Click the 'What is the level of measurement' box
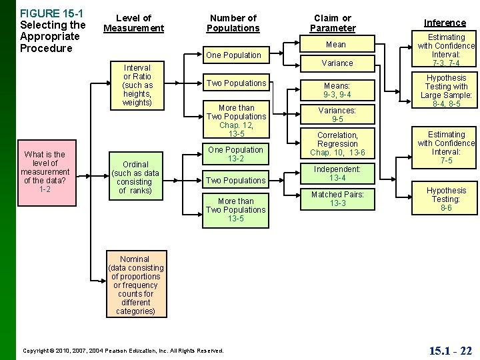pos(45,172)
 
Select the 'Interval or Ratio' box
pos(138,85)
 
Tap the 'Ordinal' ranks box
pos(135,177)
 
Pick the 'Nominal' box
pos(135,285)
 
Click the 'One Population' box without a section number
pos(233,55)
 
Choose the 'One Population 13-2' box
pos(236,154)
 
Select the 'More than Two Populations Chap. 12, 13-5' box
pos(236,121)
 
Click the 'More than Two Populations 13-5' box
pos(236,209)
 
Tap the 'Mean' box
pos(335,45)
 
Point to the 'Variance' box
pos(337,63)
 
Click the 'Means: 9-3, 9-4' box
pos(337,90)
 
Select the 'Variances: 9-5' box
pos(337,115)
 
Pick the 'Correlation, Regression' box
pos(337,144)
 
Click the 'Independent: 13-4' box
pos(337,173)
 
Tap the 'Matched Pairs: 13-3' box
pos(337,199)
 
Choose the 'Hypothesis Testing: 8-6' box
pos(446,199)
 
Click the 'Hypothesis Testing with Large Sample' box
pos(446,91)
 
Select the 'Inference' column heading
pos(445,23)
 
